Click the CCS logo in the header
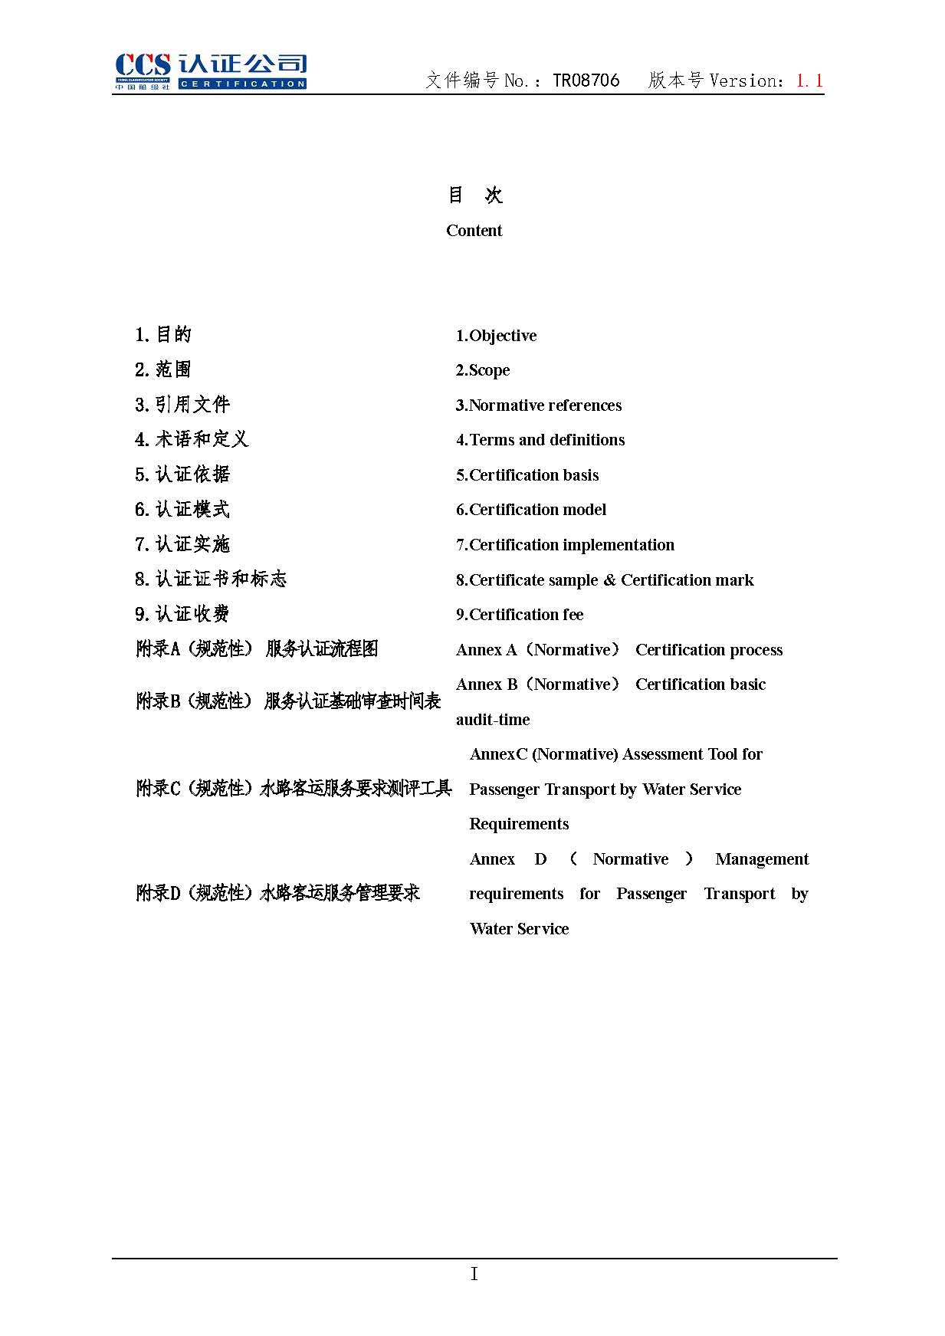pos(210,71)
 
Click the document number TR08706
pos(586,80)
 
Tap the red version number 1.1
pos(809,80)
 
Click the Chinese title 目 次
pos(474,195)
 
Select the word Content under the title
pos(474,231)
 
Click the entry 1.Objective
pos(496,336)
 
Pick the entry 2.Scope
pos(483,370)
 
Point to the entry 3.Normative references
pos(539,405)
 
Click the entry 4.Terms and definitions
pos(540,440)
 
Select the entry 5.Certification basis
pos(527,475)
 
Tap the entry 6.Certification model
pos(531,510)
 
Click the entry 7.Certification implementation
pos(565,545)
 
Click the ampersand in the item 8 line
pos(609,580)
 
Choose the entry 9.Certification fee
pos(520,615)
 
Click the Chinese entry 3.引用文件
pos(182,405)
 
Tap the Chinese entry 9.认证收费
pos(182,614)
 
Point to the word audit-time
pos(493,720)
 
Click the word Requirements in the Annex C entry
pos(519,824)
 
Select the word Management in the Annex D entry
pos(762,859)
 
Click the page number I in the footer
pos(474,1274)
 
